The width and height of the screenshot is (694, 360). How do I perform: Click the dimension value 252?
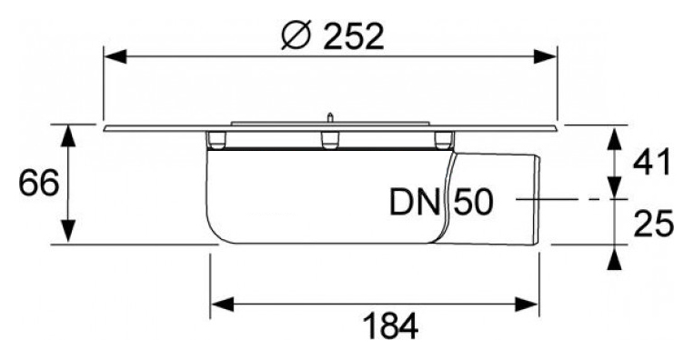pos(353,36)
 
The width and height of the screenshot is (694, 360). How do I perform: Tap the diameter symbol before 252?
pos(296,35)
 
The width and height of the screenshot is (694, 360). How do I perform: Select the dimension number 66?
pos(39,184)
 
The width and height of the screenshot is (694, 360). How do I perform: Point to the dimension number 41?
pos(652,163)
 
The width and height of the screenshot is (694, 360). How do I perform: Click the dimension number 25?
pos(653,224)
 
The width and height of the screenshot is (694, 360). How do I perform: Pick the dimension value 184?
pos(390,327)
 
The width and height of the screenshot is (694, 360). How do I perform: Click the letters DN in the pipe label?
pos(416,202)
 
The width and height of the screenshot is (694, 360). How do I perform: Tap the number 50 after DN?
pos(473,202)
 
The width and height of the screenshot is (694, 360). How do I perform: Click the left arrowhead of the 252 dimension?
pos(116,56)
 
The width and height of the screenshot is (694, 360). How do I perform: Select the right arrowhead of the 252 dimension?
pos(545,56)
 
